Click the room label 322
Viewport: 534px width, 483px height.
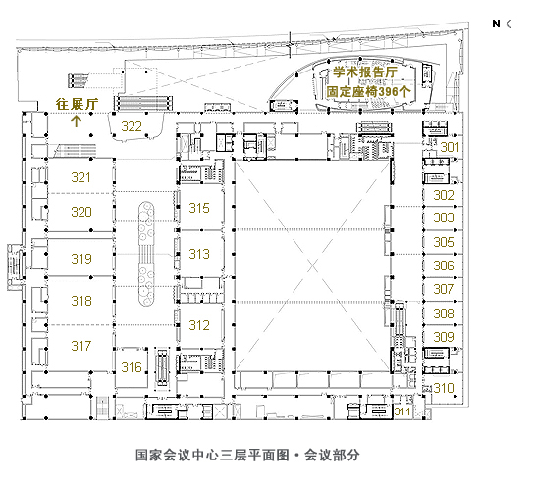(132, 127)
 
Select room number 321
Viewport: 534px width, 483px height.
(81, 177)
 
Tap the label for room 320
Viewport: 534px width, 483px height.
(81, 212)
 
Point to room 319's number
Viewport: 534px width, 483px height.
(81, 259)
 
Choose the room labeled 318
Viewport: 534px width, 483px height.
(81, 301)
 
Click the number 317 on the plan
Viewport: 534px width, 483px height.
(81, 346)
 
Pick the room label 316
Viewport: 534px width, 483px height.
(132, 367)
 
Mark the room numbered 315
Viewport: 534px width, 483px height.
(199, 208)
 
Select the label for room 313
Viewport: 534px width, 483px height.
(199, 254)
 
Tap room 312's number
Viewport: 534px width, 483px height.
(199, 325)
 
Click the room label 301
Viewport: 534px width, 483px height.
(449, 147)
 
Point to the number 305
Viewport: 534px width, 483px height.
(444, 242)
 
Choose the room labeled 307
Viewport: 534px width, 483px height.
(444, 289)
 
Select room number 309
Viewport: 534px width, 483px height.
(444, 337)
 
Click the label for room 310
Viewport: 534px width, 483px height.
(445, 388)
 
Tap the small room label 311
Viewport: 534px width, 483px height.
(402, 411)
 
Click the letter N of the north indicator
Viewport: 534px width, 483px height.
(497, 24)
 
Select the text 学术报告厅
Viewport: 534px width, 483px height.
(363, 72)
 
